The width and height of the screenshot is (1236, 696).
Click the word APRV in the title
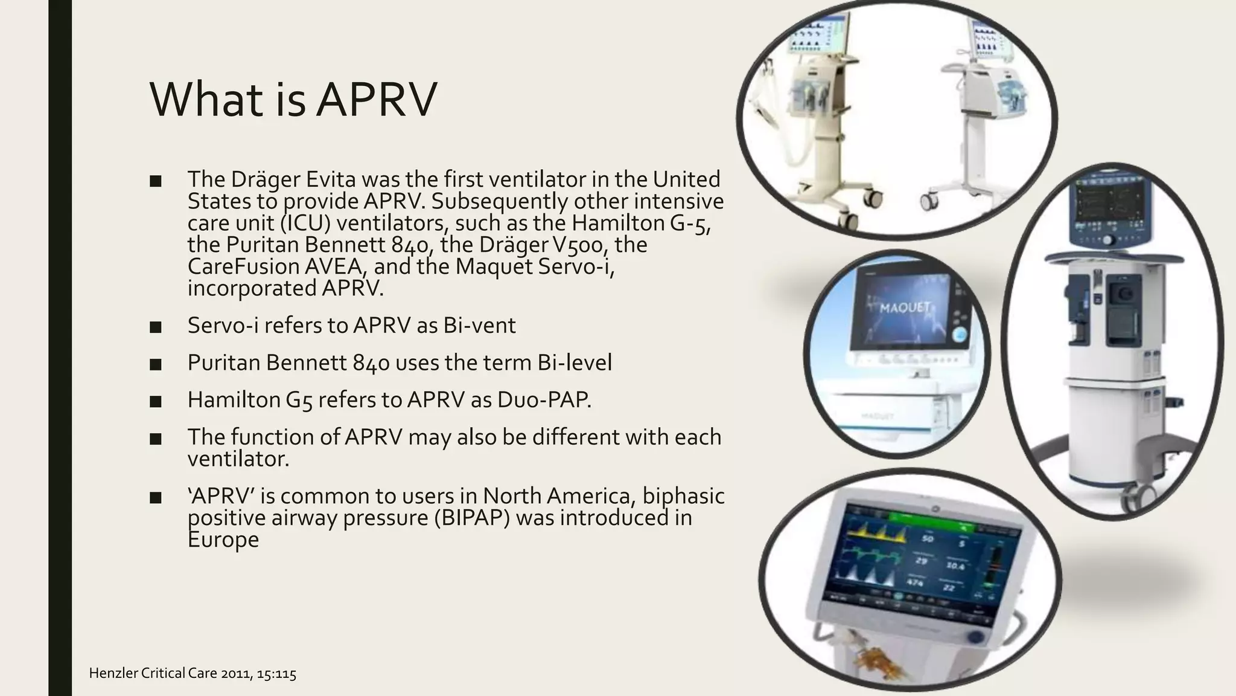point(375,100)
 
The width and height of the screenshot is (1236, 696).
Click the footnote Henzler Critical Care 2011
point(192,673)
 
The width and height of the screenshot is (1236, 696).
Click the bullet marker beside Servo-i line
point(155,327)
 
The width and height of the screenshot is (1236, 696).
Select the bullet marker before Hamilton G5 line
point(155,401)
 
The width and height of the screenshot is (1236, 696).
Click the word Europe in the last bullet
point(223,540)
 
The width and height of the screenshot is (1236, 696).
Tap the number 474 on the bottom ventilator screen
point(915,582)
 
